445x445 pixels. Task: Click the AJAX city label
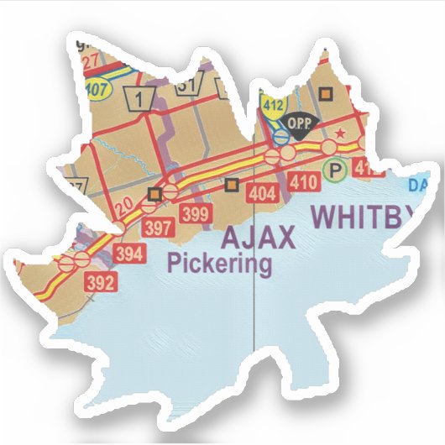coord(259,238)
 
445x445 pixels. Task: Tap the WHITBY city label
coord(363,216)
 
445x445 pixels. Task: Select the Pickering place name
coord(220,264)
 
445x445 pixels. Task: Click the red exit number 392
coord(100,283)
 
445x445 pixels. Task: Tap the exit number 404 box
coord(263,195)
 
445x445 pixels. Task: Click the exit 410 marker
coord(302,182)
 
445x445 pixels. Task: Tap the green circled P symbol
coord(337,170)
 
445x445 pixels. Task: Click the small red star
coord(340,134)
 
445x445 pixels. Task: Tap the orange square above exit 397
coord(154,195)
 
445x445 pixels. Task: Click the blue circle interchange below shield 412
coord(281,134)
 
